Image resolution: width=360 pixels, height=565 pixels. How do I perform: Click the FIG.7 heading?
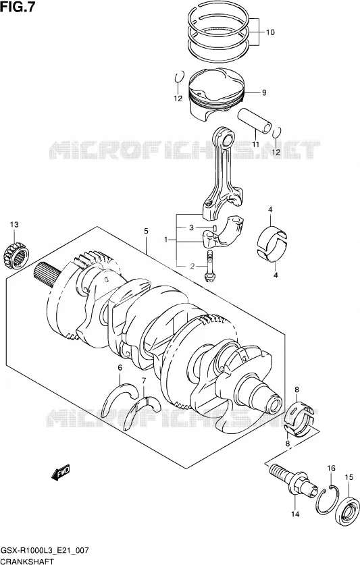(18, 7)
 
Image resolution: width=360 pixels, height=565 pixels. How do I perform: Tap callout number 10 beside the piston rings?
(270, 32)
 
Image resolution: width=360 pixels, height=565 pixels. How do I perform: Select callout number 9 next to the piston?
(264, 93)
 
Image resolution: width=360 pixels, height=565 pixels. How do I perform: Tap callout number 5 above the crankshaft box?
(146, 232)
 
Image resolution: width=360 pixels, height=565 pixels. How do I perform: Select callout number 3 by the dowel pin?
(192, 227)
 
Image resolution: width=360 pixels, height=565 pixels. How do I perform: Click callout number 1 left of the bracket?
(166, 240)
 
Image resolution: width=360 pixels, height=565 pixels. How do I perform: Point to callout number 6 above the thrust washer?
(120, 368)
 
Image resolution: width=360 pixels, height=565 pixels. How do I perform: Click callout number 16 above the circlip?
(331, 468)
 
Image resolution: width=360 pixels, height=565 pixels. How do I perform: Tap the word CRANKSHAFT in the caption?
(28, 561)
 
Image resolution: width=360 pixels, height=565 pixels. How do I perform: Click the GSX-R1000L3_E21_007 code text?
(45, 551)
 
